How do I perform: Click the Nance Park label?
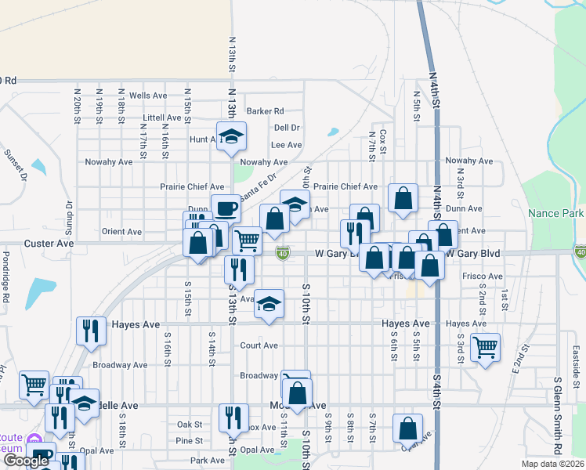[x=556, y=213]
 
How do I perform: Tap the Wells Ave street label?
[x=148, y=96]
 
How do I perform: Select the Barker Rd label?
[x=265, y=111]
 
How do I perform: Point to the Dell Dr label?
[x=287, y=128]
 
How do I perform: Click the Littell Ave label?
[x=162, y=118]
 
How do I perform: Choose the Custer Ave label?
[x=49, y=244]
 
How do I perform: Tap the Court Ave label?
[x=259, y=345]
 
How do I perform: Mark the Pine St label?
[x=190, y=440]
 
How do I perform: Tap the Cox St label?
[x=383, y=142]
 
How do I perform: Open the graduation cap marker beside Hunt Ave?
[x=232, y=136]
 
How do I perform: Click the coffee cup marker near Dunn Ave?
[x=226, y=208]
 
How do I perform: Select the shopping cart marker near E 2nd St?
[x=485, y=347]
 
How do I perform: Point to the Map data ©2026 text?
[x=552, y=464]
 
